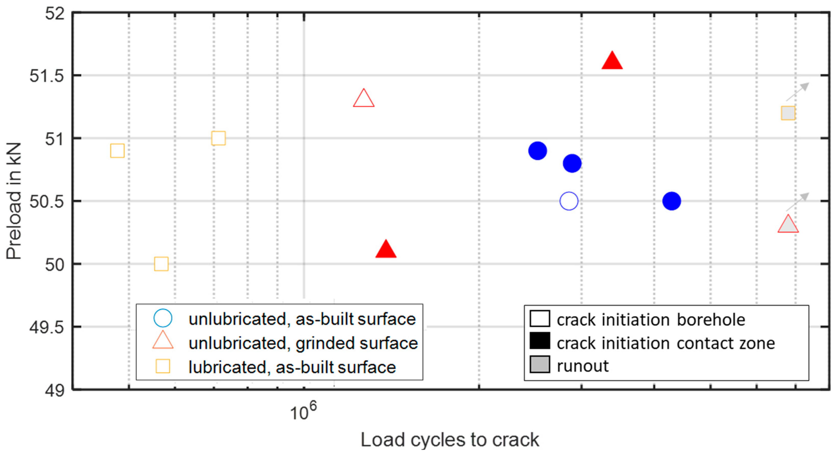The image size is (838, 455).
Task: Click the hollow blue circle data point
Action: coord(569,201)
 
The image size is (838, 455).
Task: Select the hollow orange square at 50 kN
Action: coord(161,264)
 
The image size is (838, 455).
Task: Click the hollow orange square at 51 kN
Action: coord(218,138)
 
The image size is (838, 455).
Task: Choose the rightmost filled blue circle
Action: coord(671,201)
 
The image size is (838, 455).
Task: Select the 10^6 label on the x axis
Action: coord(303,411)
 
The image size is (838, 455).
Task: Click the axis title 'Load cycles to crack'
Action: coord(450,440)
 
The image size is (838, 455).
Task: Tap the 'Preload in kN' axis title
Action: coord(14,201)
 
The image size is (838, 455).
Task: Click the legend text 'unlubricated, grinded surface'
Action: coord(303,343)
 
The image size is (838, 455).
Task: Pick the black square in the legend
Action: coord(540,341)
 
